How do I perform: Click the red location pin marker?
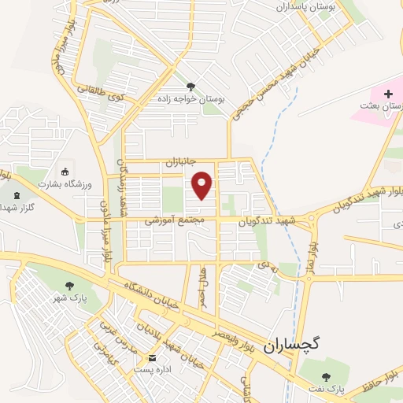pos(203,185)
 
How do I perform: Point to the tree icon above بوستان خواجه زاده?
pos(190,86)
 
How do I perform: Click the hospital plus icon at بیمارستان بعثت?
pos(386,94)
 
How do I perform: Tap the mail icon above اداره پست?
pos(142,357)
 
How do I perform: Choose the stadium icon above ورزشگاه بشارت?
pos(65,172)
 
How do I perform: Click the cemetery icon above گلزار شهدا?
pos(17,194)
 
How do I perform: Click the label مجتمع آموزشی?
pos(175,223)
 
